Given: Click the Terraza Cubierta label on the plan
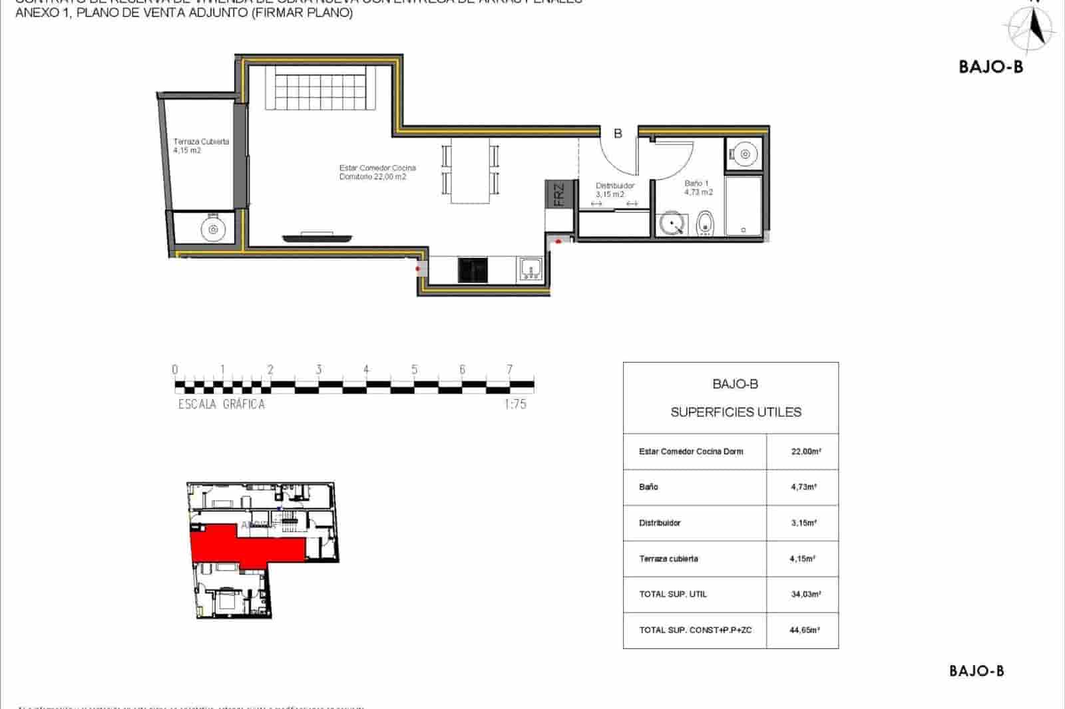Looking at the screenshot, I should pos(201,146).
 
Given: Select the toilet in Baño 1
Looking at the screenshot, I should pos(704,222).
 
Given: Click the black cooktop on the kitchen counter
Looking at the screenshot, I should pos(473,269).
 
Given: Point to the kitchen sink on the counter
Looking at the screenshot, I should pos(531,269).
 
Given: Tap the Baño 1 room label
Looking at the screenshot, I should pos(698,188).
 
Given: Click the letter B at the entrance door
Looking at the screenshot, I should pos(618,134).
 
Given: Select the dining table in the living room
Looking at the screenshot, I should pos(471,170).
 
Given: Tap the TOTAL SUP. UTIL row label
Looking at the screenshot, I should pos(673,594).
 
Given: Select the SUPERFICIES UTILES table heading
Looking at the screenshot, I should pos(736,412).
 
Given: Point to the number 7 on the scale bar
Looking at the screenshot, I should pos(510,369).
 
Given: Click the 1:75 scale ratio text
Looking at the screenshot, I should pos(515,404).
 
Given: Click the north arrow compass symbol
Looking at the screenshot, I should pos(1030,28).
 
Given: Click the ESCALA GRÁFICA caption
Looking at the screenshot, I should pos(221,404).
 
